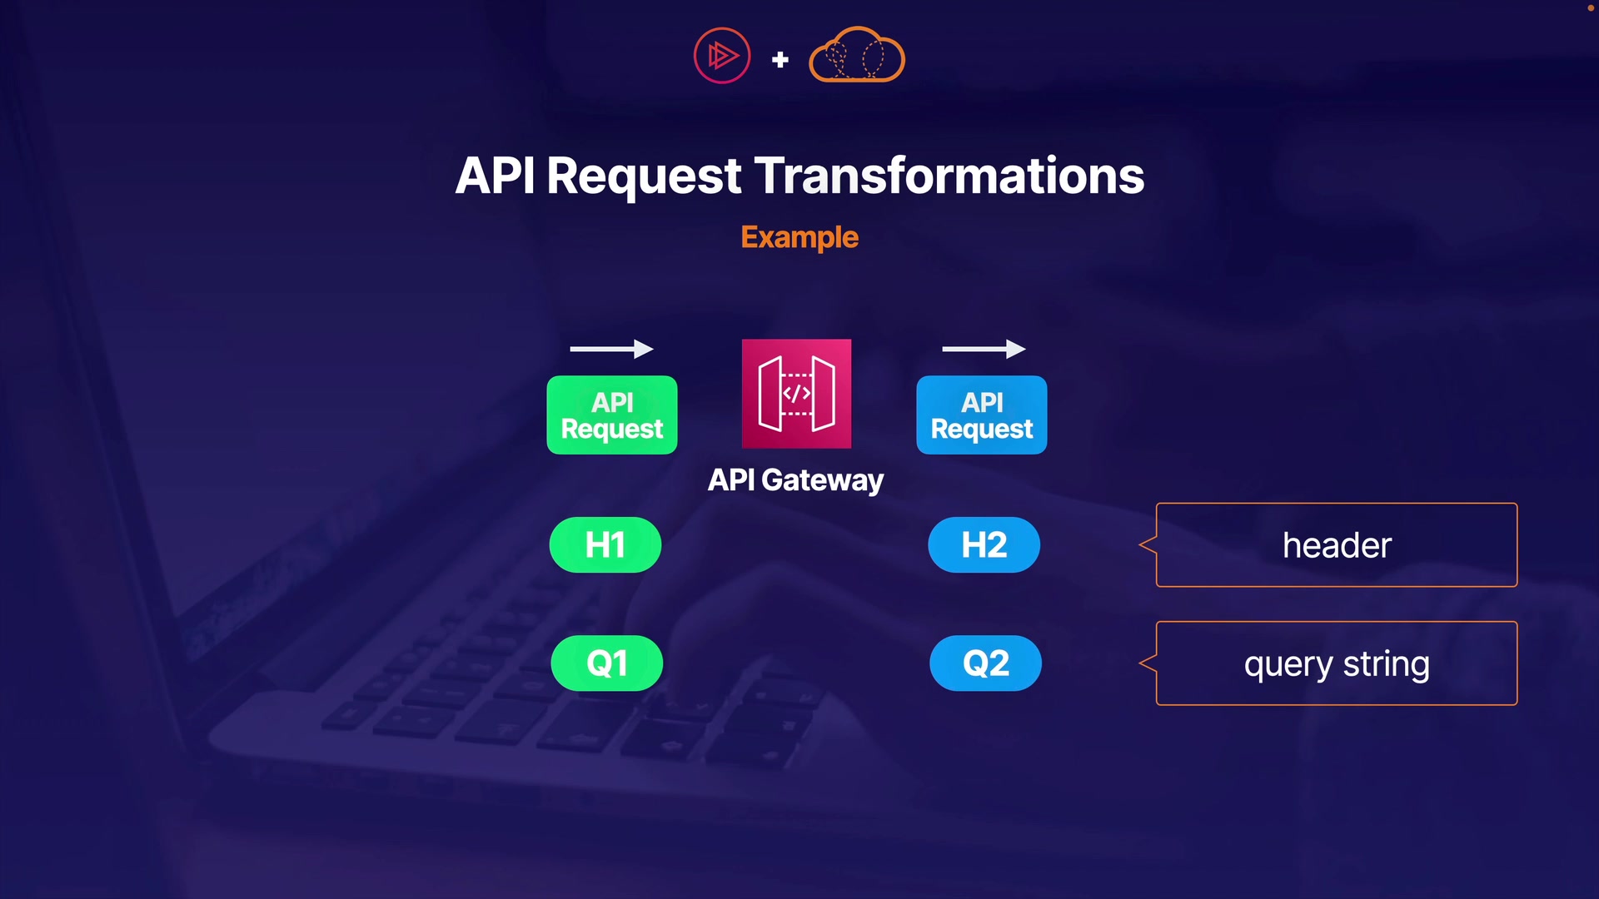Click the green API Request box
tap(612, 415)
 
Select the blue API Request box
tap(982, 415)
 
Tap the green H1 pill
tap(605, 545)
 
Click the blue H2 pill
tap(984, 545)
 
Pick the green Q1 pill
tap(607, 663)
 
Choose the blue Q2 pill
tap(986, 663)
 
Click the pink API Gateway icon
tap(796, 394)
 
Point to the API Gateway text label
tap(795, 480)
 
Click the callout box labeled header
tap(1336, 545)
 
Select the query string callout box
tap(1336, 663)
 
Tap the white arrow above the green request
tap(611, 350)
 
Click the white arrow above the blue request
tap(984, 350)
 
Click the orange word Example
tap(799, 237)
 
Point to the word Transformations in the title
tap(949, 176)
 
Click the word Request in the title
tap(644, 176)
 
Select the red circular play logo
tap(722, 56)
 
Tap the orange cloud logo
tap(857, 56)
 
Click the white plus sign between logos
tap(780, 60)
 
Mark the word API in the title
tap(495, 176)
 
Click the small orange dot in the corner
tap(1590, 7)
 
